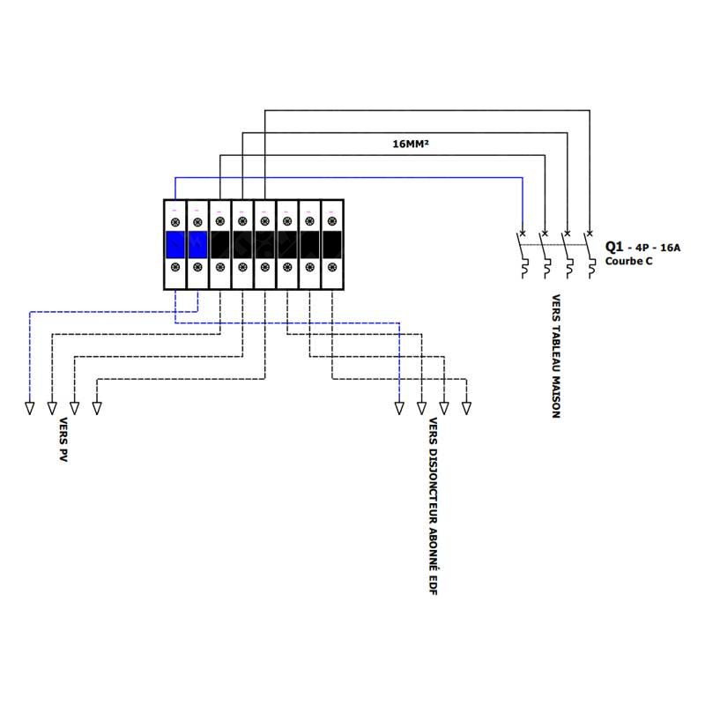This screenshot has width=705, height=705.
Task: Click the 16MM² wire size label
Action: point(411,144)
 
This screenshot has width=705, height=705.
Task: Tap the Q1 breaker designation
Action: point(614,247)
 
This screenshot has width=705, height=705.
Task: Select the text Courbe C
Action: point(628,261)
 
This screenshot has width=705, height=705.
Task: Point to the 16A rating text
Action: point(670,248)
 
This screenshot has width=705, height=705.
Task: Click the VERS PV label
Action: point(63,440)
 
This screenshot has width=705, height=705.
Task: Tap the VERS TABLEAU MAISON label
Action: point(556,356)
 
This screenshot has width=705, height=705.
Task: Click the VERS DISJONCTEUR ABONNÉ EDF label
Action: point(433,506)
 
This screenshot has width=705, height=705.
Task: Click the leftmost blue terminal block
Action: point(175,245)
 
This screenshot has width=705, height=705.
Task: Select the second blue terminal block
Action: point(197,245)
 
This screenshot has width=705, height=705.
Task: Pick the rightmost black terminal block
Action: point(332,245)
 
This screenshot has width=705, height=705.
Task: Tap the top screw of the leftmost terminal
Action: point(175,222)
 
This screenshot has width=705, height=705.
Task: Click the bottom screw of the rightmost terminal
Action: point(332,267)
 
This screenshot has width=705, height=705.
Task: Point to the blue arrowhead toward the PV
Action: point(30,408)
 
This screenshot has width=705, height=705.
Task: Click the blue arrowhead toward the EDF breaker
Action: point(399,408)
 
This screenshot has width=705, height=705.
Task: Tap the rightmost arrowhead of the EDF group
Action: point(467,408)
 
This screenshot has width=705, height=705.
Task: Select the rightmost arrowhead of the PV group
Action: point(97,408)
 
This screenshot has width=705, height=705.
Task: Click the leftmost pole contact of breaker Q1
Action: point(522,255)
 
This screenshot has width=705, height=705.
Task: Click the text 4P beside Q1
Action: point(642,248)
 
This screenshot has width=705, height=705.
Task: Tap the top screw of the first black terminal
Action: point(220,221)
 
